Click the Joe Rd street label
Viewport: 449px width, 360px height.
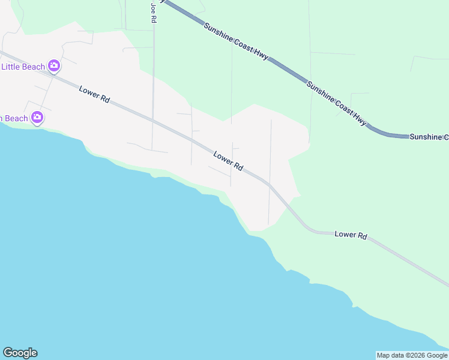[x=154, y=12]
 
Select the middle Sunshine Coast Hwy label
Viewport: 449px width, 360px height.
[x=336, y=103]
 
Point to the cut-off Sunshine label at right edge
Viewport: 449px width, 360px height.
[x=429, y=137]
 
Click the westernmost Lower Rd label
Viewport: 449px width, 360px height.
[x=94, y=94]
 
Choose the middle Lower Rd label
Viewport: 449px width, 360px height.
[x=228, y=160]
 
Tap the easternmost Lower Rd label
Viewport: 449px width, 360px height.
[x=351, y=236]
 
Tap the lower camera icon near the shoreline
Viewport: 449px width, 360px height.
[x=37, y=117]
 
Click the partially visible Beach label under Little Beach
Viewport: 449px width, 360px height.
[x=14, y=118]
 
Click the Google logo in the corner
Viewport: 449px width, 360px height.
[x=20, y=353]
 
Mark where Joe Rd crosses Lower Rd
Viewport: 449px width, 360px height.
[x=153, y=119]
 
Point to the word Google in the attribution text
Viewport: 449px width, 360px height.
[x=437, y=355]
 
